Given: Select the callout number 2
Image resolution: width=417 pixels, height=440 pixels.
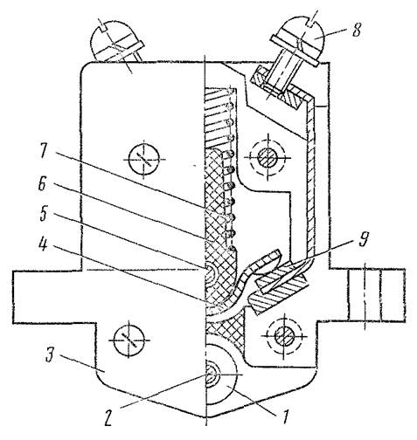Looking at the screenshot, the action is pyautogui.click(x=108, y=419).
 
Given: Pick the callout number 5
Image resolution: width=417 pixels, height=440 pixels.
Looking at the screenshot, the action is pyautogui.click(x=43, y=214).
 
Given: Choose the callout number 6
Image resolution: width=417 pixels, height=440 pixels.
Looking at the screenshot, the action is pyautogui.click(x=43, y=184).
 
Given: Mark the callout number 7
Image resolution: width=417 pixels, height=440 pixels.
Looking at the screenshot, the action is pyautogui.click(x=43, y=152).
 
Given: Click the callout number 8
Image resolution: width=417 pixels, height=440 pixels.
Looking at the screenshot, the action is pyautogui.click(x=356, y=30).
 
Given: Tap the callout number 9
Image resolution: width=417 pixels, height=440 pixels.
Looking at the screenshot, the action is pyautogui.click(x=362, y=239).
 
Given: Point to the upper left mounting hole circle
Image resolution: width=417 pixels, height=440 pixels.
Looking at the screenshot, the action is pyautogui.click(x=144, y=159).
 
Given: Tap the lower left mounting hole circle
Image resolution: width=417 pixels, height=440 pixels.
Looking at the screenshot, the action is pyautogui.click(x=129, y=340).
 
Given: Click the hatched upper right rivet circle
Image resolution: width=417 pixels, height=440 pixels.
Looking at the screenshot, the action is pyautogui.click(x=268, y=158).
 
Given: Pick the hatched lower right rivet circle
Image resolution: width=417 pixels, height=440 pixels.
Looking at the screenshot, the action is pyautogui.click(x=284, y=336).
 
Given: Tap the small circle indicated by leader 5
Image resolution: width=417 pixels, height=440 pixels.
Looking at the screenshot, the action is pyautogui.click(x=211, y=273).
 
